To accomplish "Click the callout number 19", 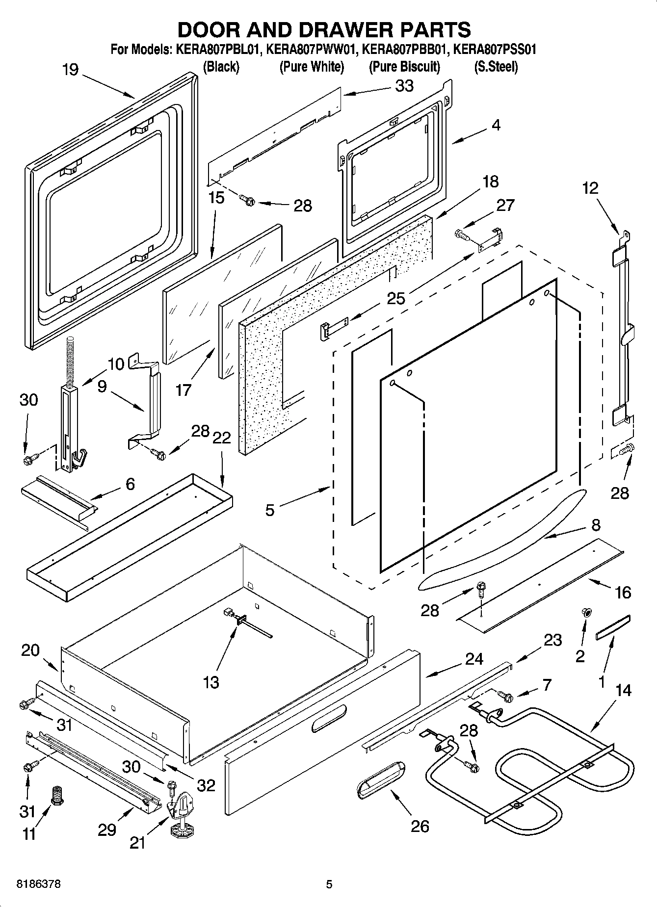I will click(70, 70).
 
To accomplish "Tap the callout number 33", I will click(404, 86).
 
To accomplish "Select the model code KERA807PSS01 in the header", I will click(495, 50).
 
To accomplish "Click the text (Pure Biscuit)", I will click(404, 67).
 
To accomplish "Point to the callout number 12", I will click(591, 188).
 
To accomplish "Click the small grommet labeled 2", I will click(586, 612).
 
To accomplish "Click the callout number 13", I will click(211, 682).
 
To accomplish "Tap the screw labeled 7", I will click(505, 695).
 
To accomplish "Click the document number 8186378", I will click(39, 885).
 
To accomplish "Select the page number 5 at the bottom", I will click(329, 885).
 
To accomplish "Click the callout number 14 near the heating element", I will click(623, 691).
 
